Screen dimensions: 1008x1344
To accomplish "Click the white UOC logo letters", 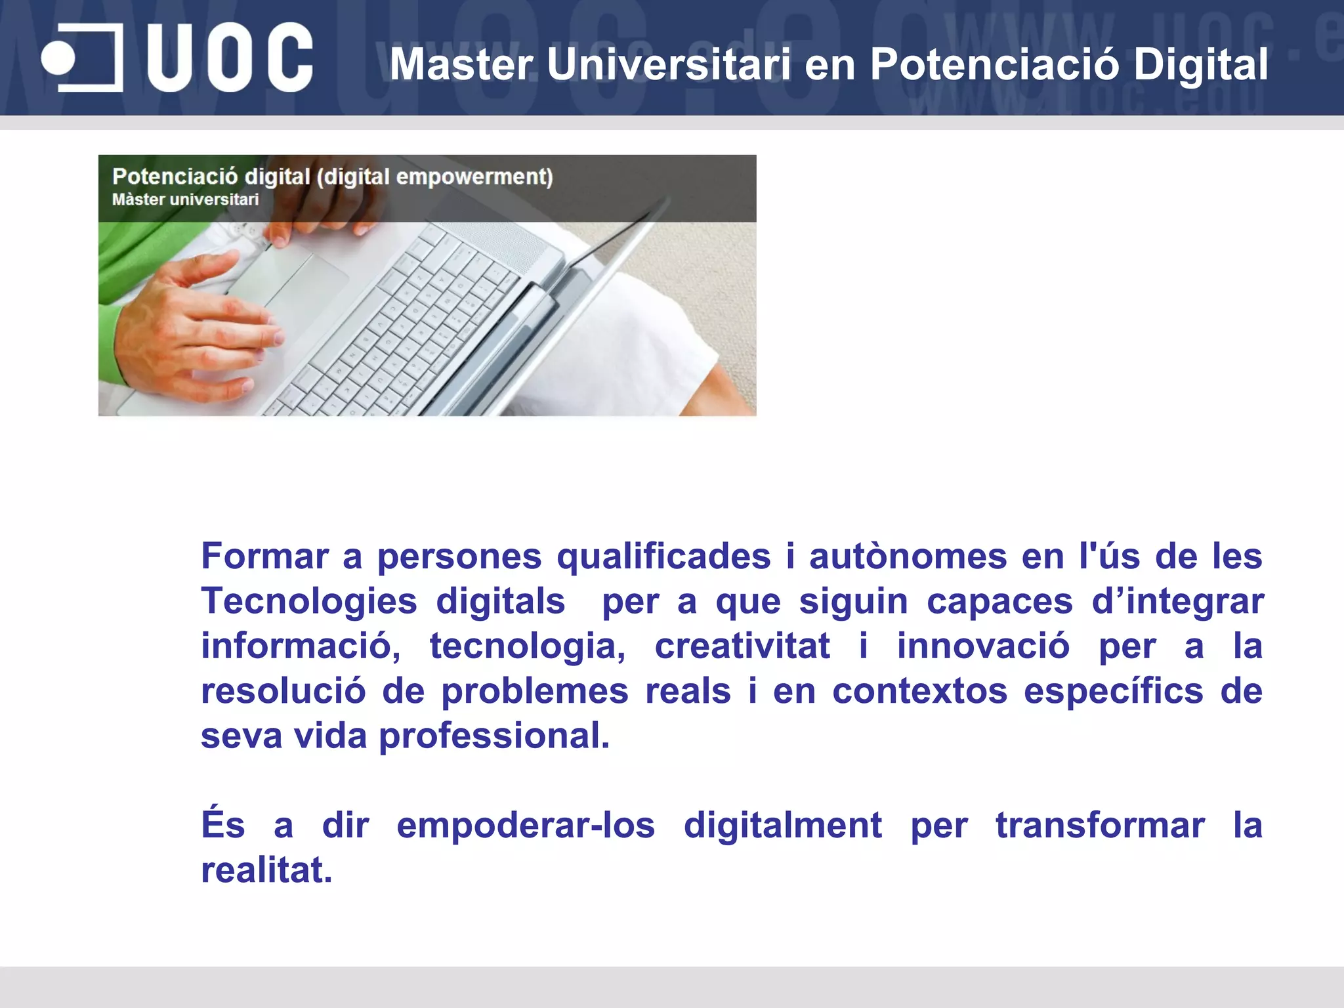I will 230,58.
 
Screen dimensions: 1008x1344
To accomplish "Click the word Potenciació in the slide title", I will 994,64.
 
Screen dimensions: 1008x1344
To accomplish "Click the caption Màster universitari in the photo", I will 185,199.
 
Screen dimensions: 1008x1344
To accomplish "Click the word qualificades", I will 663,556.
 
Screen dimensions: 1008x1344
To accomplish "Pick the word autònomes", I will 908,556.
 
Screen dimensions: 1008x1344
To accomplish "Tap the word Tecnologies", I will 309,601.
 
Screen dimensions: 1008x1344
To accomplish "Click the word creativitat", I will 742,646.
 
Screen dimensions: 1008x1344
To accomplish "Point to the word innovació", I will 983,646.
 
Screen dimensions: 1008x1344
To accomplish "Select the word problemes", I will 534,691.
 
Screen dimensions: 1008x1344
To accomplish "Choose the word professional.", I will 494,736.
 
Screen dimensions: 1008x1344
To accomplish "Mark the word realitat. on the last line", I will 266,870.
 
